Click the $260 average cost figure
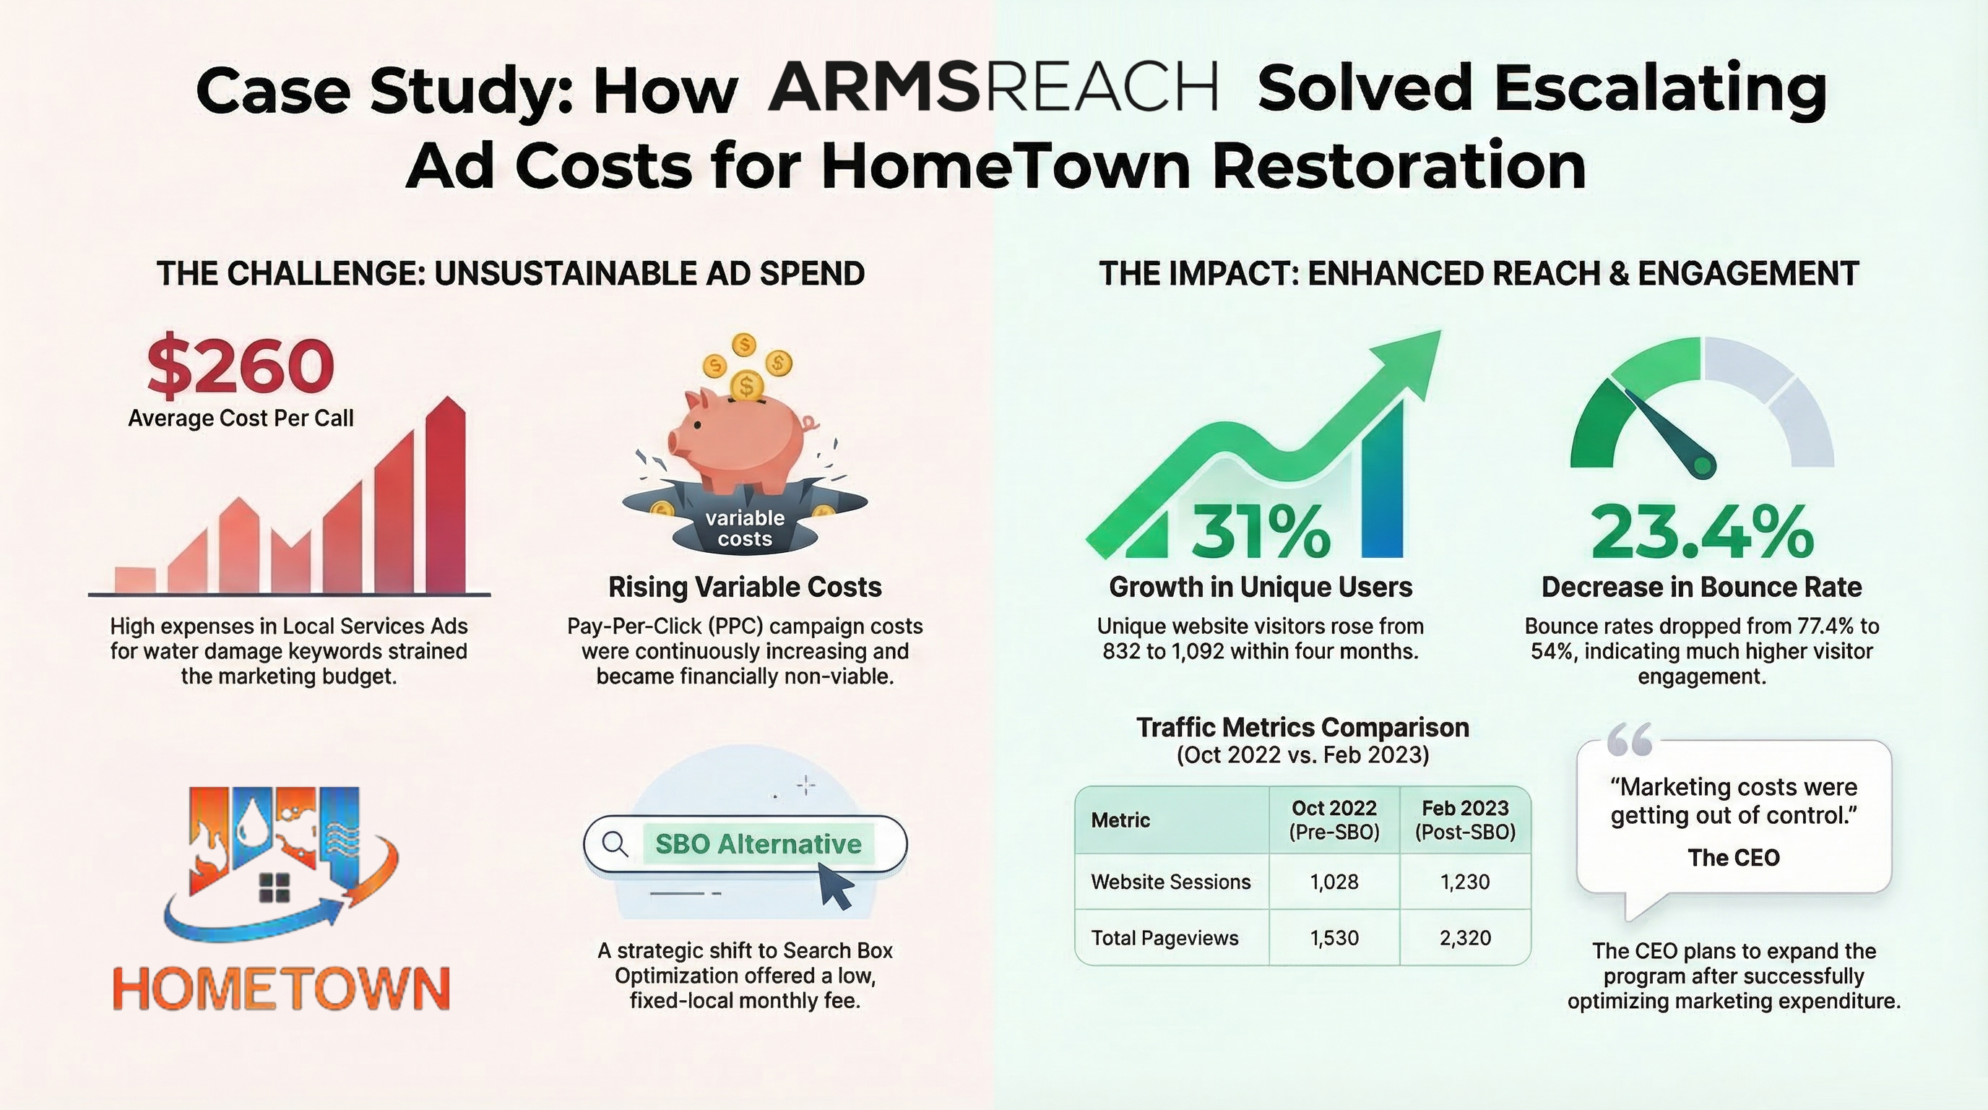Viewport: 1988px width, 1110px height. pyautogui.click(x=240, y=365)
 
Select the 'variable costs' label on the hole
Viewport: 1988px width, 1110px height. pyautogui.click(x=745, y=528)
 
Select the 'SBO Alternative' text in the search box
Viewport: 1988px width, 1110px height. pyautogui.click(x=758, y=843)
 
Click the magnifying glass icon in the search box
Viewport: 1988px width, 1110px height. pyautogui.click(x=614, y=843)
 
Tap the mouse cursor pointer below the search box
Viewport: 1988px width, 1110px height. pyautogui.click(x=835, y=885)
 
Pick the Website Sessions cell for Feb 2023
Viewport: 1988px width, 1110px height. pyautogui.click(x=1464, y=882)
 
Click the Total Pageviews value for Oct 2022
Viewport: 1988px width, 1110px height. pyautogui.click(x=1334, y=938)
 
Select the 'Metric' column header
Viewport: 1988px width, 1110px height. pyautogui.click(x=1120, y=819)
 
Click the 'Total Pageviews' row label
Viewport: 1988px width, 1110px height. pyautogui.click(x=1164, y=938)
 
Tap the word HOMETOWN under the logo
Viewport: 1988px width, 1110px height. pyautogui.click(x=281, y=988)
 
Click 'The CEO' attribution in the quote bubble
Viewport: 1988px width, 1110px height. pyautogui.click(x=1733, y=858)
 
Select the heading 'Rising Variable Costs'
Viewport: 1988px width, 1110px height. pyautogui.click(x=745, y=587)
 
